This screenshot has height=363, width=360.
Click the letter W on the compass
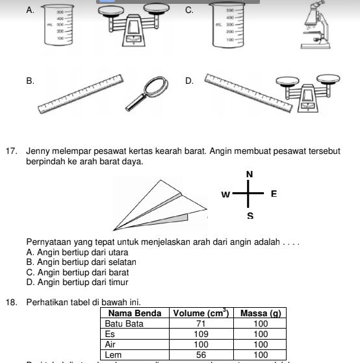point(225,194)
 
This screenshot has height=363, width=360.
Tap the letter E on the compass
point(274,194)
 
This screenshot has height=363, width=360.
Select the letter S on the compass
point(250,215)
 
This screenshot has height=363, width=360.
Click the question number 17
point(10,151)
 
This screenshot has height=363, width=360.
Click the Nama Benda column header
point(135,313)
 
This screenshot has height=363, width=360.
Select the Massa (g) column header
point(260,313)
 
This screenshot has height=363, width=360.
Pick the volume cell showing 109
point(200,334)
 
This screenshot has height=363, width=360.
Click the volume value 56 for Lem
point(200,355)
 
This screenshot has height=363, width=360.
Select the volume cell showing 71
point(200,323)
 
